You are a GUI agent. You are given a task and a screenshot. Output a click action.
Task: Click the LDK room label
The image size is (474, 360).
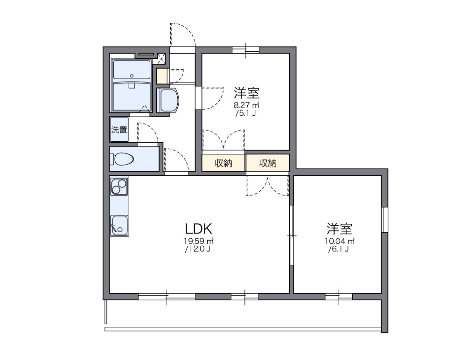[x=199, y=229]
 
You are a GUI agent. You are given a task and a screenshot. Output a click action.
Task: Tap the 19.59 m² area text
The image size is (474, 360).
[x=198, y=241]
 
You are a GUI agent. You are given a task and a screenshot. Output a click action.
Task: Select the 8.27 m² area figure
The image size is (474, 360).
[x=246, y=105]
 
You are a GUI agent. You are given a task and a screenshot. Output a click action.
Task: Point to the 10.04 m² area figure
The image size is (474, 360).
[x=340, y=241]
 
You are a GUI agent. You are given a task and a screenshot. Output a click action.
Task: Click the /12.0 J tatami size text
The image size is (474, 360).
[x=198, y=249]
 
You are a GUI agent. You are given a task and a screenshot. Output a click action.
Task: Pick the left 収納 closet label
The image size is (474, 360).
[x=223, y=163]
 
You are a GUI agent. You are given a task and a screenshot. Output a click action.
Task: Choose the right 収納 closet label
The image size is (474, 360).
[x=268, y=163]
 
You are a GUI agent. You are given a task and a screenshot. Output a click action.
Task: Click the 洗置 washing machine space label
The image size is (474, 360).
[x=119, y=130]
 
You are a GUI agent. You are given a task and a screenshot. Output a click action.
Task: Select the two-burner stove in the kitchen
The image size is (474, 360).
[x=119, y=187]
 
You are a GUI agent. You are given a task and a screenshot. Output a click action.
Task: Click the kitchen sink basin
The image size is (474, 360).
[x=119, y=226]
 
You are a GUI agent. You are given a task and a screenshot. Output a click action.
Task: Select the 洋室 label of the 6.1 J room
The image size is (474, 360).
[x=339, y=229]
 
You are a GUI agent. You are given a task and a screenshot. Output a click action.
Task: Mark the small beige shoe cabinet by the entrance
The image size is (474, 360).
[x=162, y=76]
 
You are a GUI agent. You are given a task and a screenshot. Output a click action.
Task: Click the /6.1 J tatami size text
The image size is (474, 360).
[x=339, y=249]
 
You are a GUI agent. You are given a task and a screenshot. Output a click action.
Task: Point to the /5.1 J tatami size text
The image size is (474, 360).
[x=246, y=113]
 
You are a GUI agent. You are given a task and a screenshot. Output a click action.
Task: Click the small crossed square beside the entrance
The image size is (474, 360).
[x=162, y=58]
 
